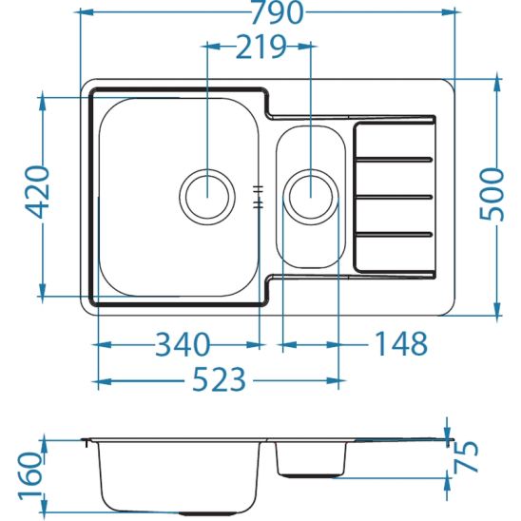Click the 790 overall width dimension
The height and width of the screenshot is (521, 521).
pyautogui.click(x=277, y=12)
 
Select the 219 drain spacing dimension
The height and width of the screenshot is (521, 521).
pyautogui.click(x=260, y=47)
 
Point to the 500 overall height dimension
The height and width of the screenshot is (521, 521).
pyautogui.click(x=492, y=195)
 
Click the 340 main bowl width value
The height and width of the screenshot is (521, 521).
pyautogui.click(x=183, y=344)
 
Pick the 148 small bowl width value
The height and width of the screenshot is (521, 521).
pyautogui.click(x=401, y=343)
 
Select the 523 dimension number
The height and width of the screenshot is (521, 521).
pyautogui.click(x=220, y=379)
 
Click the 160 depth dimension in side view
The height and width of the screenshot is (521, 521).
pyautogui.click(x=30, y=475)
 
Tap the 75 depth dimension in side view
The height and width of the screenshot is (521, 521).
pyautogui.click(x=466, y=456)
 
